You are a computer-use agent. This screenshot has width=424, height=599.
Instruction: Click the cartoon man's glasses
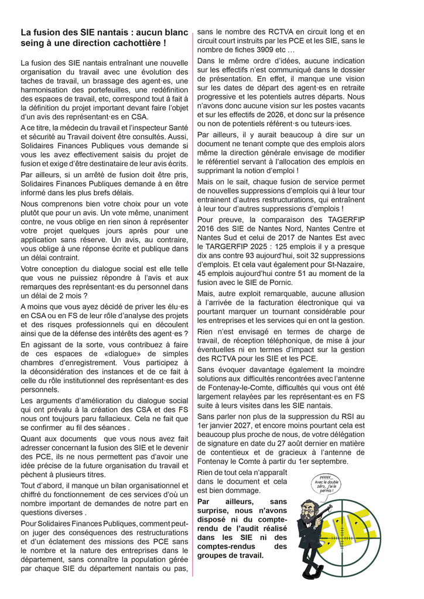(x=307, y=508)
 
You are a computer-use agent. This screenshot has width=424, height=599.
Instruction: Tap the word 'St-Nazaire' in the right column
(x=343, y=264)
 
